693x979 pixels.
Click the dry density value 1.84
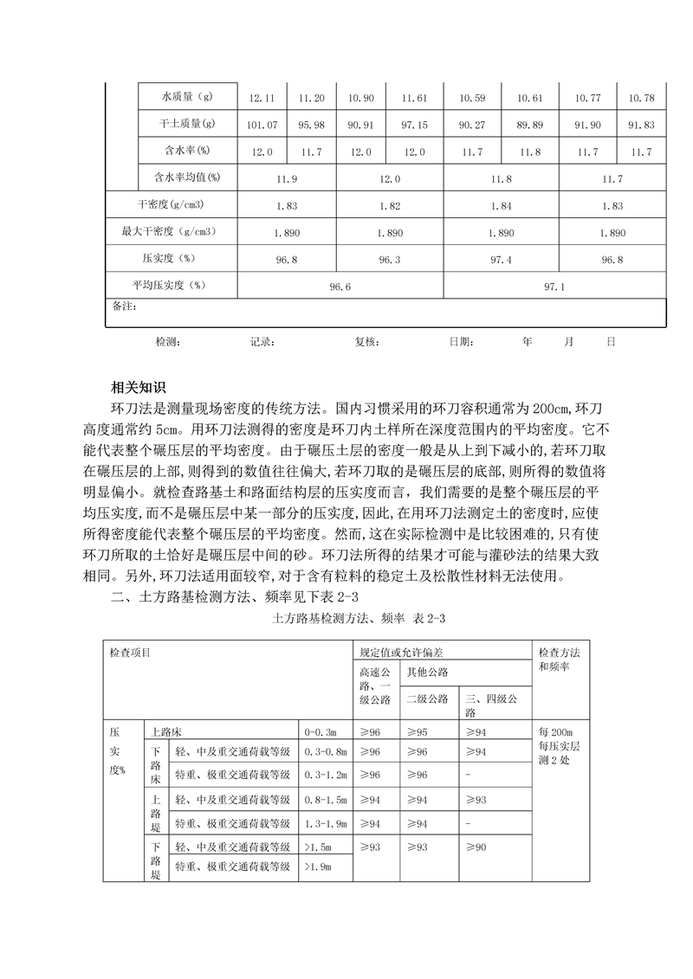(x=501, y=205)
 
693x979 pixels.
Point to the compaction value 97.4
(x=501, y=259)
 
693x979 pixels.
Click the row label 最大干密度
(x=168, y=232)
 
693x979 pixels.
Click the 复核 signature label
(x=366, y=341)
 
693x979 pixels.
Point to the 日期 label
(x=461, y=341)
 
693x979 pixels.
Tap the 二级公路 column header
(x=427, y=699)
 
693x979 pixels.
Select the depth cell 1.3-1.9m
(x=326, y=821)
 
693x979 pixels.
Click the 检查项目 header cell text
(x=129, y=651)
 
